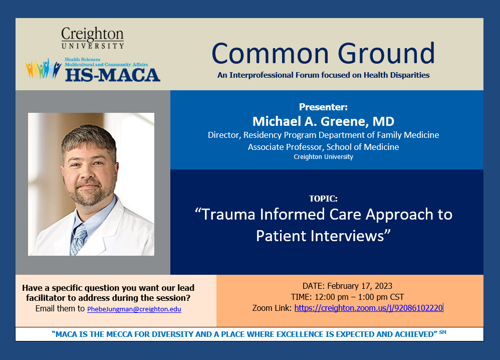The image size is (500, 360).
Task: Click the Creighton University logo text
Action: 92,38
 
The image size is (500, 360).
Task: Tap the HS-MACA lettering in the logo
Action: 112,74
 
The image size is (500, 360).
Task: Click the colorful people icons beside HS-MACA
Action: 44,69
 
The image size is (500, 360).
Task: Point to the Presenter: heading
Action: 323,107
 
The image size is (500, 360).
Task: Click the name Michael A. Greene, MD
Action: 323,121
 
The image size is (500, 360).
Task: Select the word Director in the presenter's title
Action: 224,135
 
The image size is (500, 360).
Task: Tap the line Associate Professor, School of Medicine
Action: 323,147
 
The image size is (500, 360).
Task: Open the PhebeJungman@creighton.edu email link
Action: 134,309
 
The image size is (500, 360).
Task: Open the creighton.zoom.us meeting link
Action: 368,308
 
